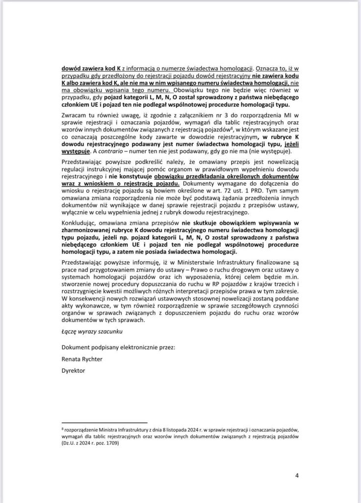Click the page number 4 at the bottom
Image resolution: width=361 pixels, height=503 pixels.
tap(297, 475)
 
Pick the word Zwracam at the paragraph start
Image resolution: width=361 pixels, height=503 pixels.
tap(73, 115)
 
